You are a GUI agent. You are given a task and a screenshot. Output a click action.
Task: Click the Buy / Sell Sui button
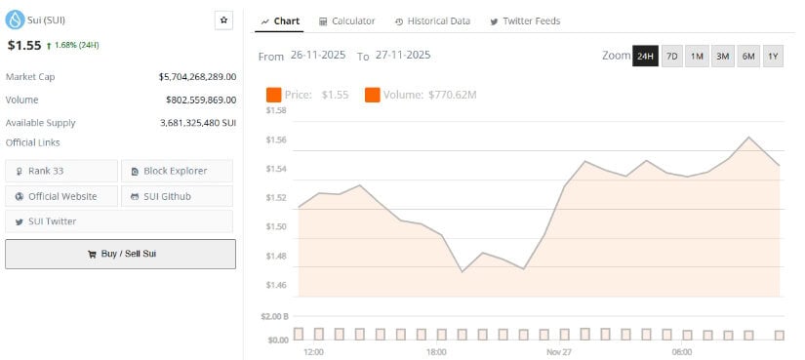tap(120, 254)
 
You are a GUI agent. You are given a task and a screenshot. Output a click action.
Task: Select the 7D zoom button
tap(671, 57)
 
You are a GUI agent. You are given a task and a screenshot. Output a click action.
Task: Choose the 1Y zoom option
tap(773, 57)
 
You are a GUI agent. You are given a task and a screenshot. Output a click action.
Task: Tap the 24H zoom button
tap(645, 57)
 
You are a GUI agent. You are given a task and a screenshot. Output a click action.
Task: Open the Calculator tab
tap(346, 20)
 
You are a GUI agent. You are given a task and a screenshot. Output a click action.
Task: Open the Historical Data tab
tap(432, 20)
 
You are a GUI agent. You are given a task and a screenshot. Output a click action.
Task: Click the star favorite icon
tap(223, 20)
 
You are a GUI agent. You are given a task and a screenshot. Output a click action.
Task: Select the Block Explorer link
tap(176, 171)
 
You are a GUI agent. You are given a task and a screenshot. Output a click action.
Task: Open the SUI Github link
tap(176, 196)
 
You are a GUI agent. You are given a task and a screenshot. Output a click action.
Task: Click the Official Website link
tap(61, 196)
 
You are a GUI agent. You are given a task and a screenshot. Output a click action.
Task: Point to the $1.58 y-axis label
tap(276, 110)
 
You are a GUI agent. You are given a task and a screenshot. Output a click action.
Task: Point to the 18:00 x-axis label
tap(436, 351)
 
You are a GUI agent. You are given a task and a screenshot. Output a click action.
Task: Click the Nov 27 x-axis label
tap(559, 351)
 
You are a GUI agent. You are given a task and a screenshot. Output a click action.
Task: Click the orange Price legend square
tap(273, 95)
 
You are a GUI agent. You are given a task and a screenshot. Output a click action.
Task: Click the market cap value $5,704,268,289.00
tap(197, 76)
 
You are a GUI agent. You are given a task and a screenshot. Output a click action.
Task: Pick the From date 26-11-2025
tap(320, 57)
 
